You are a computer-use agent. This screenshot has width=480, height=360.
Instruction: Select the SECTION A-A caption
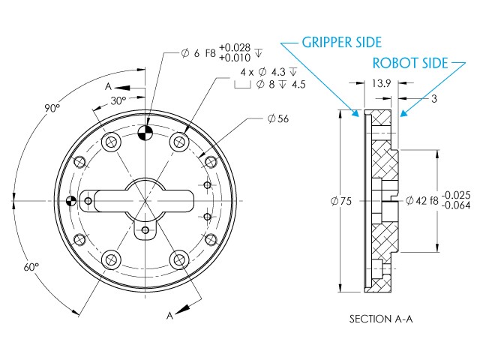pos(381,318)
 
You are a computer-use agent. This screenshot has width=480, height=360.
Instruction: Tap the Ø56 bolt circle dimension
pos(279,118)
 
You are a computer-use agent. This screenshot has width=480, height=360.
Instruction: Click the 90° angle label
pos(51,108)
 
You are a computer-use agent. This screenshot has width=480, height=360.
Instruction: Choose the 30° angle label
pos(117,100)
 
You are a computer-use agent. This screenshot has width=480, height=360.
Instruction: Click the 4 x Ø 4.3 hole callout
pos(268,71)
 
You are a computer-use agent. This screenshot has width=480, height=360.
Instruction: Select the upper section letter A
pos(109,87)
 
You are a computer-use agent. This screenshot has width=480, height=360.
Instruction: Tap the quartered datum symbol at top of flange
pos(145,133)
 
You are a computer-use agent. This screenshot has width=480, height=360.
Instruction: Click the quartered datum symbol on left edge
pos(72,201)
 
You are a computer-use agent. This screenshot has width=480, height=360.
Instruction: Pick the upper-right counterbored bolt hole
pos(178,142)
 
